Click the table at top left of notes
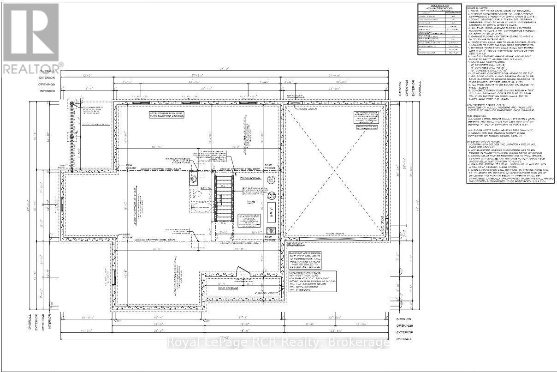[x=439, y=30]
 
